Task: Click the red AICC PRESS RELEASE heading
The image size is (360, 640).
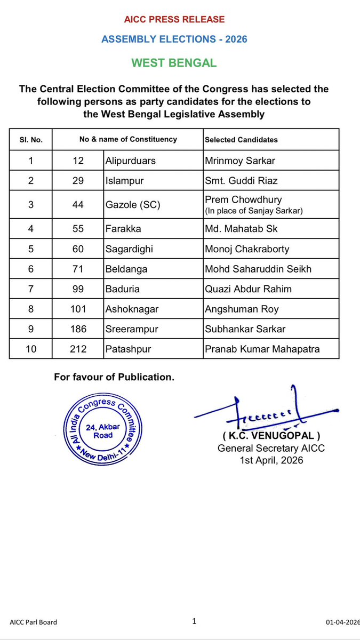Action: (174, 20)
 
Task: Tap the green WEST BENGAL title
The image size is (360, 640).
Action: (174, 63)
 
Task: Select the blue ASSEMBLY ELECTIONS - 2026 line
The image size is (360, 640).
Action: (174, 39)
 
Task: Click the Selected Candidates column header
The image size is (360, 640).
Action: (241, 140)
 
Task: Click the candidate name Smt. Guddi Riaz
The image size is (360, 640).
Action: (241, 181)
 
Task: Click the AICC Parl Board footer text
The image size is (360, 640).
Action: (33, 622)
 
